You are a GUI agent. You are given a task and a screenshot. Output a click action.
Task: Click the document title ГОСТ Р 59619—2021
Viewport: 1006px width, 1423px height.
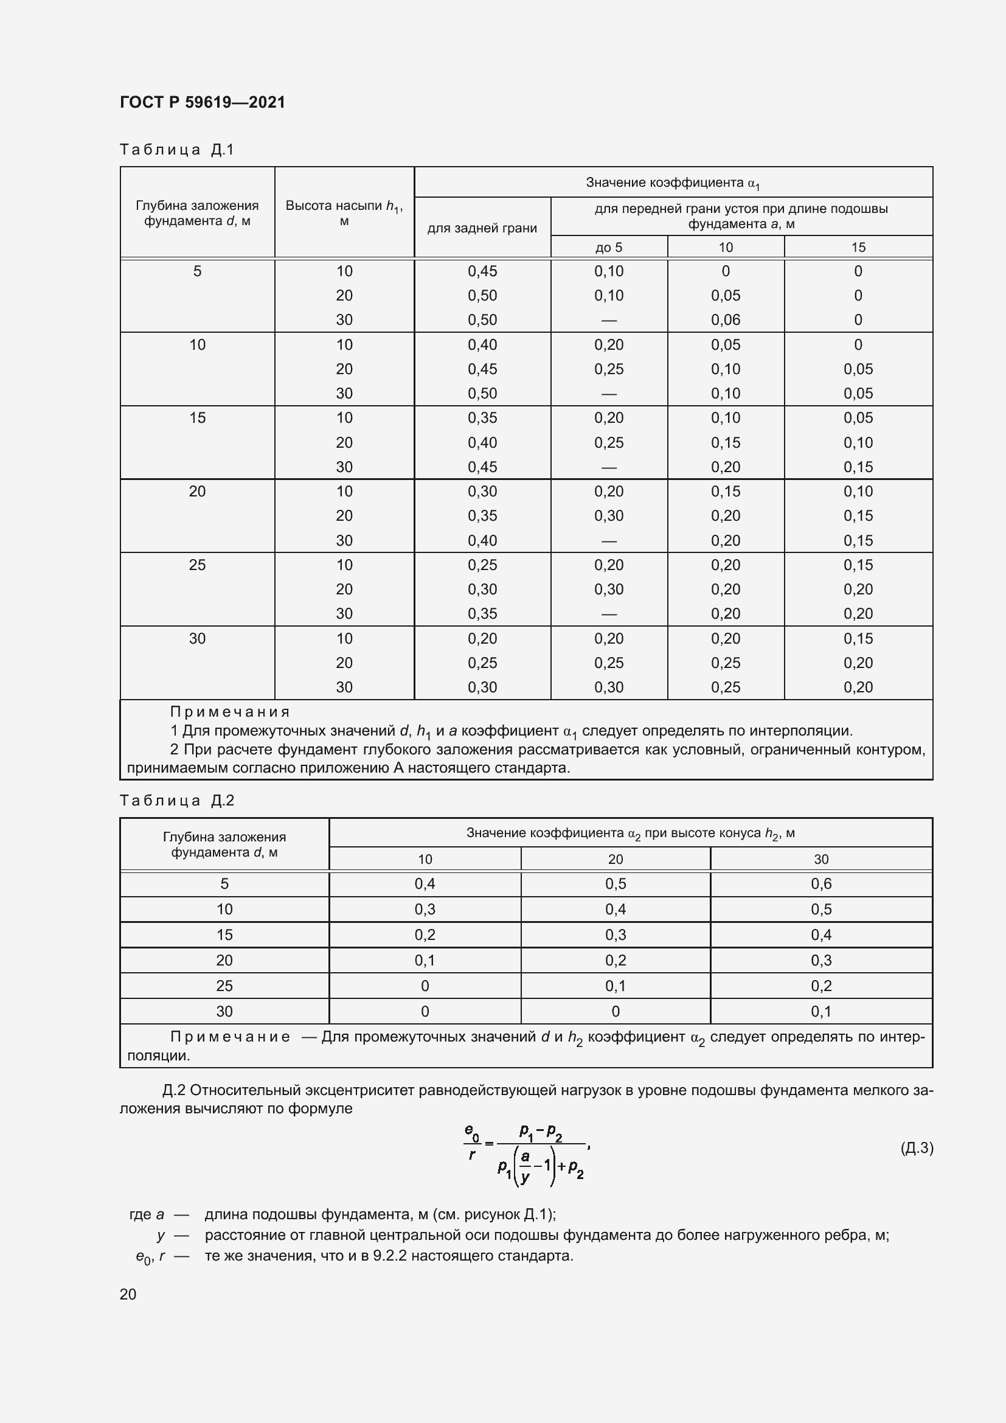tap(203, 102)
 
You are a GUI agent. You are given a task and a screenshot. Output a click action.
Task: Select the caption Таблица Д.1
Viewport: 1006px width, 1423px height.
tap(176, 150)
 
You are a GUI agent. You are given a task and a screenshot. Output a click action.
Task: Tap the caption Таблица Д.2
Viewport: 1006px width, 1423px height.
tap(176, 800)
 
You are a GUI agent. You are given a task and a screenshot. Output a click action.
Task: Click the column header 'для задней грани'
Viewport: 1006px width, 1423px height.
tap(482, 228)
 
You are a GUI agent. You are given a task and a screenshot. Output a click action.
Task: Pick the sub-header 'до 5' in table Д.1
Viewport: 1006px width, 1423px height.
tap(608, 247)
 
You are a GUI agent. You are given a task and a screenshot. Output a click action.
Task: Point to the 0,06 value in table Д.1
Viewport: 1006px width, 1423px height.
tap(726, 320)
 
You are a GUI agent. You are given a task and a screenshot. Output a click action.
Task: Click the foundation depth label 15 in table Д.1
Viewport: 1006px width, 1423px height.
tap(197, 418)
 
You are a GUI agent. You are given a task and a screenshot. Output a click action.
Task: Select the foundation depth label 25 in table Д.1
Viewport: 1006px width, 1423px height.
tap(197, 565)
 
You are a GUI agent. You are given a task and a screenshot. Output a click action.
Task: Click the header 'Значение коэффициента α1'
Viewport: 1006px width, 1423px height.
tap(673, 183)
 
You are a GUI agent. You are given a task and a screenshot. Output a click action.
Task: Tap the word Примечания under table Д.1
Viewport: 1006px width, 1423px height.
tap(230, 712)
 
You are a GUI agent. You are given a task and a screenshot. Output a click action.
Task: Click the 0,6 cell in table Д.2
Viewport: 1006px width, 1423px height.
tap(820, 884)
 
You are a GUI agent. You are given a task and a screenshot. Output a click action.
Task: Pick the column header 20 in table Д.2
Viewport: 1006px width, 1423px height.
tap(615, 859)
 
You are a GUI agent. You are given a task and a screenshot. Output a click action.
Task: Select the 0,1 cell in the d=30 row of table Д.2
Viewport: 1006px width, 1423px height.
tap(820, 1012)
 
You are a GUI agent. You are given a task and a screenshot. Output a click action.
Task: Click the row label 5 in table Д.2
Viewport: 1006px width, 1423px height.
tap(224, 884)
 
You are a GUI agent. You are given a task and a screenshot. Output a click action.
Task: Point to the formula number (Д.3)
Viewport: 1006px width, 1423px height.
tap(916, 1148)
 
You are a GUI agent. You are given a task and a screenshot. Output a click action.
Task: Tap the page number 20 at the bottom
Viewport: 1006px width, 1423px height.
tap(128, 1294)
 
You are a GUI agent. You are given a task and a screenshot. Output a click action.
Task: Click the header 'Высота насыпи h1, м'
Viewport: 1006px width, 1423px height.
tap(344, 212)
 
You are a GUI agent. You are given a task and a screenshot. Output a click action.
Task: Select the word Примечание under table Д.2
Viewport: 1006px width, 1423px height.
tap(230, 1037)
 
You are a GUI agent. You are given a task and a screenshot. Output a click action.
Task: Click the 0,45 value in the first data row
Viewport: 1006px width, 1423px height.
tap(482, 271)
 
